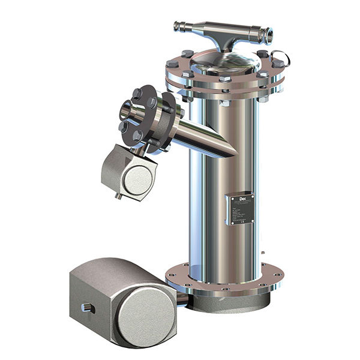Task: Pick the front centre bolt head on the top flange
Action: (225, 80)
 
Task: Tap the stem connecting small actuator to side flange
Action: (139, 150)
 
